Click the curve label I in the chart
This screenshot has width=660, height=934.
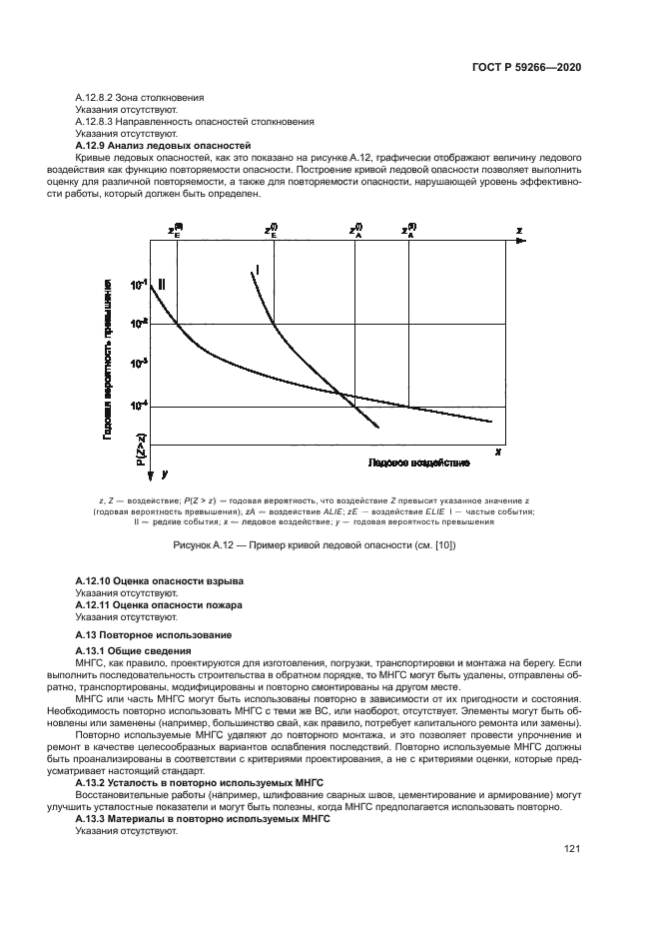click(258, 270)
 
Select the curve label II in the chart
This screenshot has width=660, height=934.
click(162, 285)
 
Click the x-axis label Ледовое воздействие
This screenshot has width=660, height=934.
click(404, 464)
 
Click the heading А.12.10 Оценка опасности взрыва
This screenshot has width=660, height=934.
click(160, 581)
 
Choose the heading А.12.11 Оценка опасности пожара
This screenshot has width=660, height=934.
click(160, 606)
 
